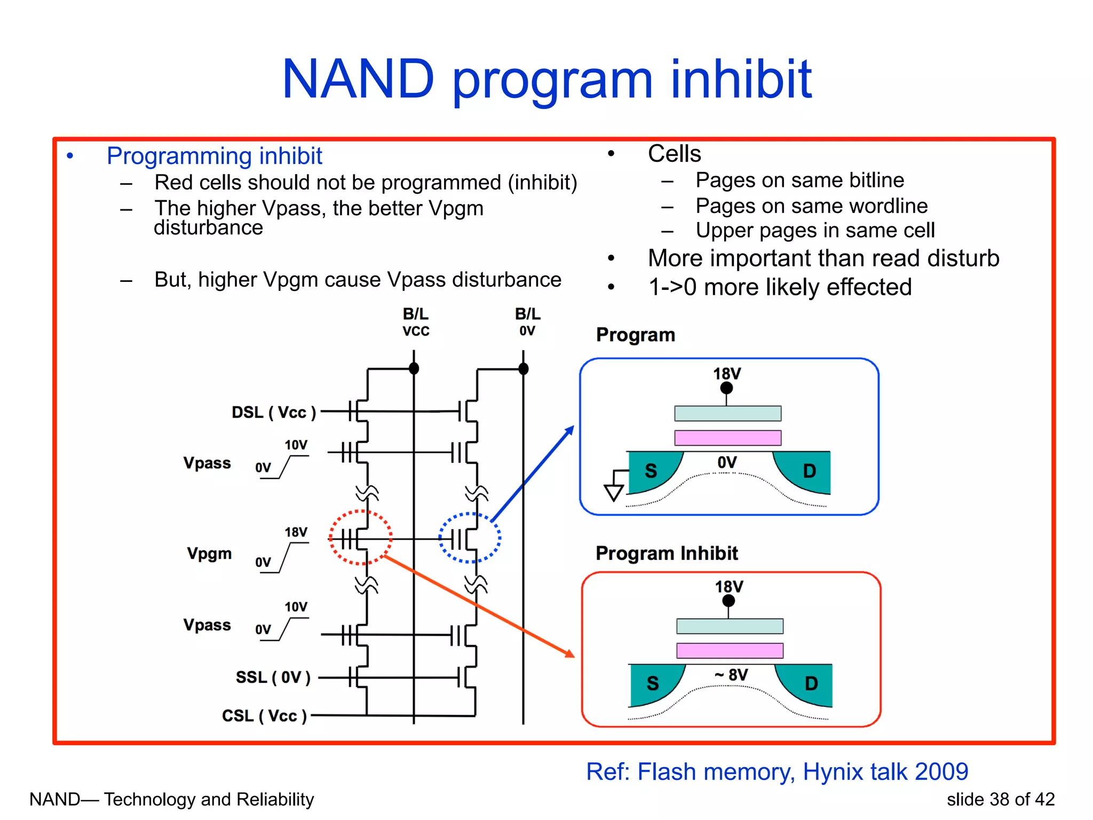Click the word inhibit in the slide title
[x=741, y=80]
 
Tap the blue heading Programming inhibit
[x=214, y=156]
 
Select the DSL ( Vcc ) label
[x=274, y=412]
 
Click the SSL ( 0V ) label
[x=273, y=677]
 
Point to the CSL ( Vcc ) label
[x=264, y=715]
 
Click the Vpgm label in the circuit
[x=209, y=553]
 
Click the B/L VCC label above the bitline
[x=416, y=322]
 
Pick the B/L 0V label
[x=527, y=322]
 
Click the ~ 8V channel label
[x=731, y=675]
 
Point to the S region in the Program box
[x=651, y=471]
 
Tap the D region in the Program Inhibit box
[x=811, y=683]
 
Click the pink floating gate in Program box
[x=727, y=438]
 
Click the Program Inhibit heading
[x=667, y=553]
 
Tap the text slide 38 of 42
[x=1000, y=799]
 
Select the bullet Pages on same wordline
[x=811, y=206]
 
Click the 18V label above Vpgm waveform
[x=296, y=532]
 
